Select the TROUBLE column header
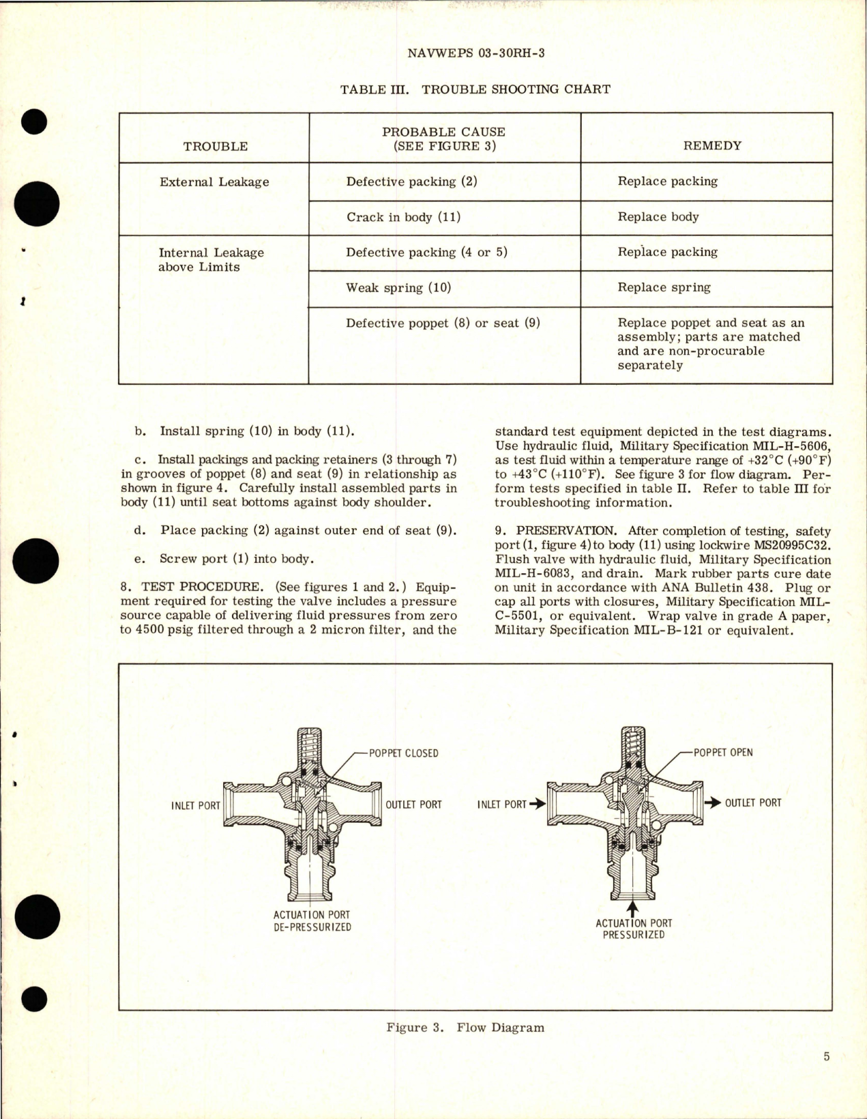tap(216, 146)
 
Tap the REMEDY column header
tap(711, 145)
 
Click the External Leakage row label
tap(214, 182)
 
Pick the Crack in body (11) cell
tap(403, 218)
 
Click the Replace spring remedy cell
tap(664, 287)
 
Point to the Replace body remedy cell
tap(658, 217)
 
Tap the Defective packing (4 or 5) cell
tap(426, 252)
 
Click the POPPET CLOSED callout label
tap(403, 753)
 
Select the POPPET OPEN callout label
tap(723, 753)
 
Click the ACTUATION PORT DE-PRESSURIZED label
tap(312, 921)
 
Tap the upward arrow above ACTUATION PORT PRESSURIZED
tap(632, 909)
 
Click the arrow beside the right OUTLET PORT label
tap(713, 803)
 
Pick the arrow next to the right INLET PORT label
tap(538, 804)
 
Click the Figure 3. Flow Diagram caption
tap(465, 1028)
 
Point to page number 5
tap(827, 1057)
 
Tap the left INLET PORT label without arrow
tap(195, 806)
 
